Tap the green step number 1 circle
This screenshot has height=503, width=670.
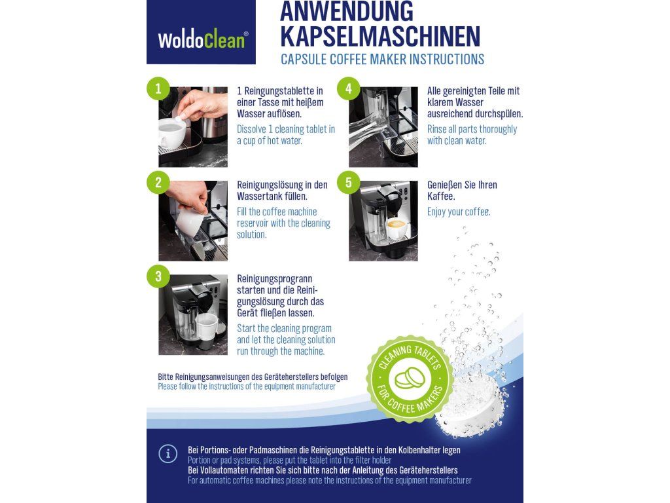click(158, 88)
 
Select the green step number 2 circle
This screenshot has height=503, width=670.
click(158, 182)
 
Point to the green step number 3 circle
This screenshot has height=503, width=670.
click(158, 276)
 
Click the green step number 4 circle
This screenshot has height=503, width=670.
click(348, 88)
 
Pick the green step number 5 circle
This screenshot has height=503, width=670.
click(348, 182)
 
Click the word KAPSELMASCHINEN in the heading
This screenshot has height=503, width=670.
click(380, 37)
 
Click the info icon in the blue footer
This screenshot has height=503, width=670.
click(168, 454)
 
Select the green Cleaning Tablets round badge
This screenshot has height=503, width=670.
click(410, 379)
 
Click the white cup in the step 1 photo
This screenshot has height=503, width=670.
click(173, 132)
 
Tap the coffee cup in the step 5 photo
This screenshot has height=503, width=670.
click(397, 229)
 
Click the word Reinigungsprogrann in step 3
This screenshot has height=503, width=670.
click(275, 279)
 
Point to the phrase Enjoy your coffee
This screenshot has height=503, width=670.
click(459, 212)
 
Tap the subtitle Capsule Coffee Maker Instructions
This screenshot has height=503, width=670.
click(382, 59)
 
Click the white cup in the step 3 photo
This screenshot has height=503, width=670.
click(206, 326)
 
